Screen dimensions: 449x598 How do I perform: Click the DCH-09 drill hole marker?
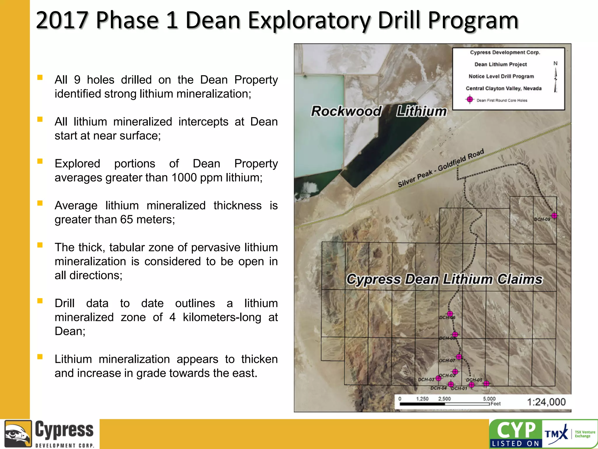point(554,216)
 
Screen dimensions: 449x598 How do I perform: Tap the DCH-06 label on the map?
point(447,317)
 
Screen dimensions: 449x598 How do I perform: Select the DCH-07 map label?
point(447,360)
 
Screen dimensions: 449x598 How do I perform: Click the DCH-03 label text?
point(426,379)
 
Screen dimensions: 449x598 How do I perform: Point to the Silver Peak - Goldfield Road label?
point(441,168)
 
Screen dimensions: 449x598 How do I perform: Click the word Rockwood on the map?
point(346,111)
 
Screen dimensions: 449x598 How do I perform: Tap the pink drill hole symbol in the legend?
point(470,100)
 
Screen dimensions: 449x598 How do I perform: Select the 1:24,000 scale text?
point(546,402)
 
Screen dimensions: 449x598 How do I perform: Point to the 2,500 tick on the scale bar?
point(444,399)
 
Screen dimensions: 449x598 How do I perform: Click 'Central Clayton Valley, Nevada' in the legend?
point(503,88)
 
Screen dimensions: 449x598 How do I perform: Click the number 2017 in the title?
point(62,20)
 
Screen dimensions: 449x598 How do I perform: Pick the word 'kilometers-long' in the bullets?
point(222,317)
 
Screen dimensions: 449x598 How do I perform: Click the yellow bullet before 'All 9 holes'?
point(40,77)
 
